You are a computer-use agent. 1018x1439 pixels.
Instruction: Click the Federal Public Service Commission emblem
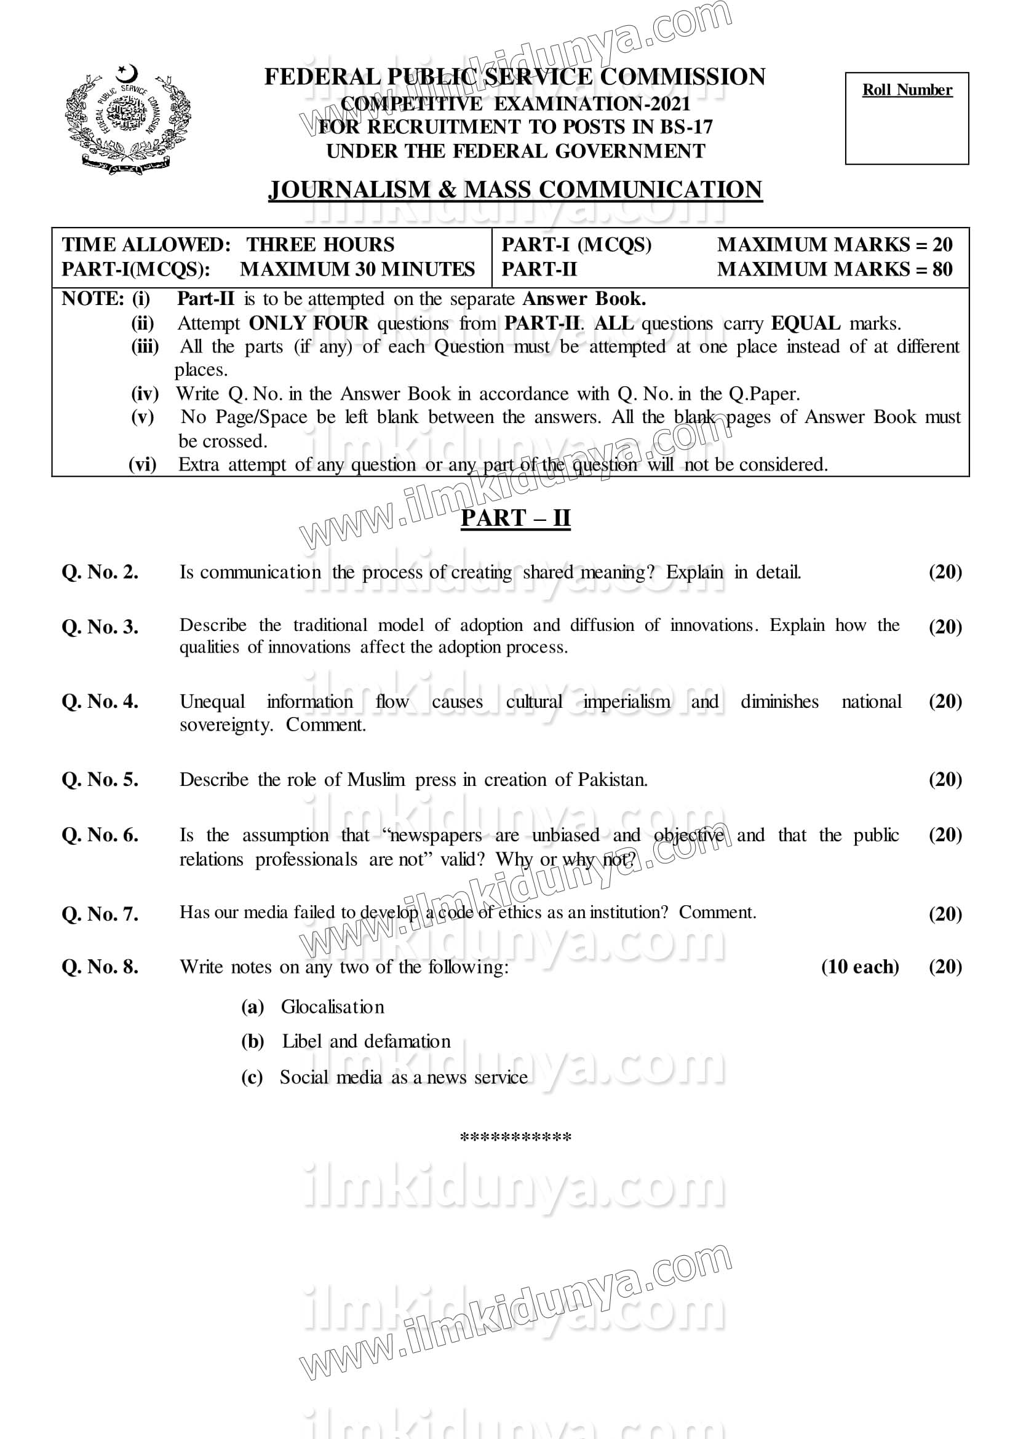coord(129,119)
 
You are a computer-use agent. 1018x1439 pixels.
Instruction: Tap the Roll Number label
coord(907,90)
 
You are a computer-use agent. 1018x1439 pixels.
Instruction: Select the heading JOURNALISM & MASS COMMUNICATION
coord(515,190)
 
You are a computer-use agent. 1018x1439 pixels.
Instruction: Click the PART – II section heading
coord(515,518)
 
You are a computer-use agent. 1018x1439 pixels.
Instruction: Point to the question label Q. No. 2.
coord(100,572)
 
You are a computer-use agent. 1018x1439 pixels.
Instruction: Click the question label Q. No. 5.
coord(100,780)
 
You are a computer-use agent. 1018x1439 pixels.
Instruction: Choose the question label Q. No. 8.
coord(100,967)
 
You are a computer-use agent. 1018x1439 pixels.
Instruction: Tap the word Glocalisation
coord(332,1007)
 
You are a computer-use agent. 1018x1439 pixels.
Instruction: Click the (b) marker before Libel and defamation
coord(253,1042)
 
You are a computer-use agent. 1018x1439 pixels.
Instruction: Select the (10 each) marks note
coord(859,967)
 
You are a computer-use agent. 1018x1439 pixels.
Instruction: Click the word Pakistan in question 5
coord(612,780)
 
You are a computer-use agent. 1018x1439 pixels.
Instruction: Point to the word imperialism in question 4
coord(626,702)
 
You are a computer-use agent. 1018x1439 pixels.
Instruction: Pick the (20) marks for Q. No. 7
coord(945,914)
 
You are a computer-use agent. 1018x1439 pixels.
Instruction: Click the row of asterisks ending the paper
coord(515,1138)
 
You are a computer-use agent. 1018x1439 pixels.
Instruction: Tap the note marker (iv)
coord(144,394)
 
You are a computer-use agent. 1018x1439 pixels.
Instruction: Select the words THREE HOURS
coord(320,244)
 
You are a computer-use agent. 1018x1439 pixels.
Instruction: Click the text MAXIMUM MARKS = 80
coord(834,269)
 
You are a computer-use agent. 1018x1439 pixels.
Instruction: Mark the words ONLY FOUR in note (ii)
coord(308,323)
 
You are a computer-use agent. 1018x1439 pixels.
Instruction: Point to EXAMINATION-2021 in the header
coord(592,103)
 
